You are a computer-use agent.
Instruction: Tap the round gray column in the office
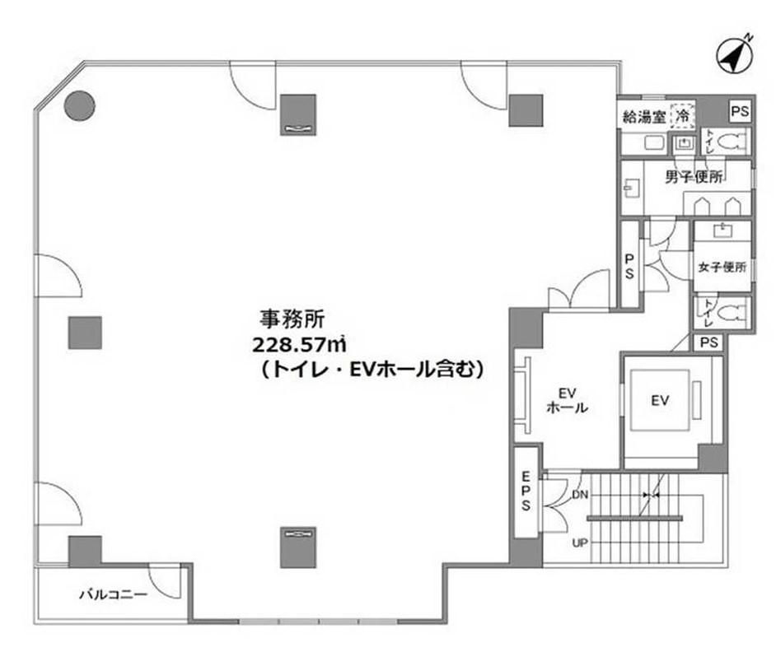tap(80, 105)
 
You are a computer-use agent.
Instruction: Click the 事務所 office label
tap(292, 319)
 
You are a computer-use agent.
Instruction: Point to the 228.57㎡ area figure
tap(299, 344)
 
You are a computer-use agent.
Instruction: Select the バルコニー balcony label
tap(114, 594)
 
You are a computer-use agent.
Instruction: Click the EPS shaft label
tap(526, 491)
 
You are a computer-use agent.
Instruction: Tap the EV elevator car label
tap(660, 400)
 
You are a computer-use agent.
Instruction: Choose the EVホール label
tap(567, 401)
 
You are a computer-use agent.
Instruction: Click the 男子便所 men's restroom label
tap(694, 177)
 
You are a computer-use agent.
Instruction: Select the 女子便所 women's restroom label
tap(722, 267)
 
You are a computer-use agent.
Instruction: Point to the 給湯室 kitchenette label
tap(644, 117)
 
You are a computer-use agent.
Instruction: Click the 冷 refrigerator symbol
tap(683, 117)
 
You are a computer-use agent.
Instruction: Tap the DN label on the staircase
tap(580, 495)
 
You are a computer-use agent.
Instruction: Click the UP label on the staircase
tap(580, 543)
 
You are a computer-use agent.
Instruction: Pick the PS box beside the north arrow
tap(741, 112)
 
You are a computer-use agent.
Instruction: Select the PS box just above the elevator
tap(709, 342)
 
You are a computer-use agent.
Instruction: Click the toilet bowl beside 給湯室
tap(732, 142)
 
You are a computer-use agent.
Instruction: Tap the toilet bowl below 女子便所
tap(732, 313)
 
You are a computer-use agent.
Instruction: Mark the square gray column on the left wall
tap(85, 333)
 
